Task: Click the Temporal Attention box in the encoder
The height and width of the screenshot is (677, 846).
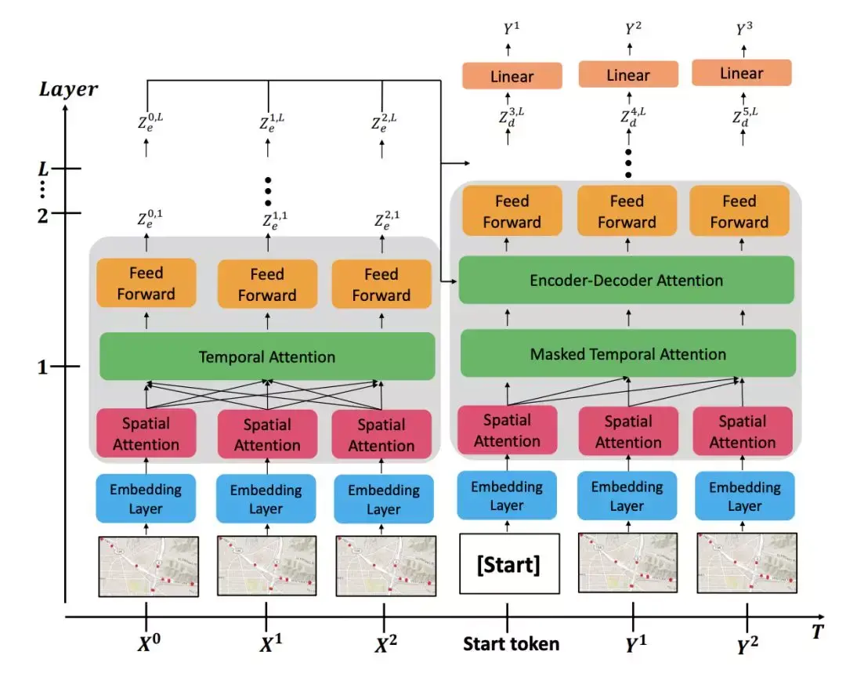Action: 266,357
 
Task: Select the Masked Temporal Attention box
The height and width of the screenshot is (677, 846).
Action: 627,354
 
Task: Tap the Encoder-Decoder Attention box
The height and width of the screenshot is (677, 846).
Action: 626,281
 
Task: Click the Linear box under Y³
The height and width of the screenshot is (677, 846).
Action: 741,74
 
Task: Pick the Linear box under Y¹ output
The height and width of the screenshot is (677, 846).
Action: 512,77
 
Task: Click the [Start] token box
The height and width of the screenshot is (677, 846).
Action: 508,565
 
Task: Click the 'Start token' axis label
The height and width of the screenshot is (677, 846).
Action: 511,644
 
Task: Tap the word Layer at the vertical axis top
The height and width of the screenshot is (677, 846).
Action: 69,89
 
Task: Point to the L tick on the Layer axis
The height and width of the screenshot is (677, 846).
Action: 45,168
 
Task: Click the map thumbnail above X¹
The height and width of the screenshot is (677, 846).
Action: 266,567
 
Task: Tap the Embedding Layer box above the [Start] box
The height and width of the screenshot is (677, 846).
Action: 507,496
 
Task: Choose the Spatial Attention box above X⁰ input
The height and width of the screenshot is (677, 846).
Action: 146,434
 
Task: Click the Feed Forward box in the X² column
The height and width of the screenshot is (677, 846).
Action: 381,284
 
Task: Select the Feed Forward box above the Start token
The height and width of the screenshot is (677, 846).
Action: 512,212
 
